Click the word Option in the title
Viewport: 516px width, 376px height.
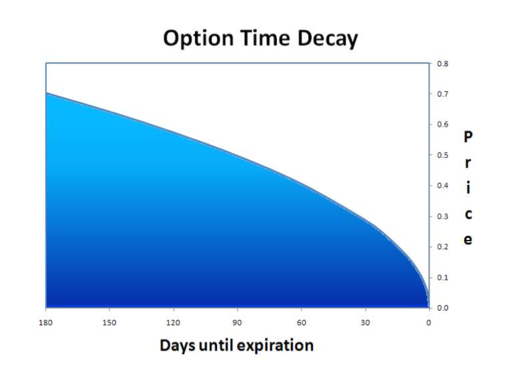pyautogui.click(x=198, y=39)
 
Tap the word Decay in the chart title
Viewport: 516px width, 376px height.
pyautogui.click(x=327, y=39)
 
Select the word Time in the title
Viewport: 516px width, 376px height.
pyautogui.click(x=265, y=38)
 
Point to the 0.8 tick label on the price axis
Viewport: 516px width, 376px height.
pyautogui.click(x=443, y=63)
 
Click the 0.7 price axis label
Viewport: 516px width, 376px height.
pyautogui.click(x=443, y=94)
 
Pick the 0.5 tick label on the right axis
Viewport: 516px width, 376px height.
pyautogui.click(x=443, y=155)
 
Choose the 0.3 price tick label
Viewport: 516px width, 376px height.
pyautogui.click(x=443, y=216)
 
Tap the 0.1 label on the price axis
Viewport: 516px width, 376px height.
pyautogui.click(x=443, y=278)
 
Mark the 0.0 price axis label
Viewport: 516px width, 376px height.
pyautogui.click(x=443, y=308)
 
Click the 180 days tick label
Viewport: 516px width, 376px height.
pyautogui.click(x=46, y=323)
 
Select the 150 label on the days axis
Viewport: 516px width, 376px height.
pyautogui.click(x=109, y=323)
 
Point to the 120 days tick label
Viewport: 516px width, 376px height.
pyautogui.click(x=173, y=323)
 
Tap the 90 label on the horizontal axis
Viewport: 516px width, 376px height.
pyautogui.click(x=237, y=323)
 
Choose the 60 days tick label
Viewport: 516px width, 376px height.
pyautogui.click(x=301, y=323)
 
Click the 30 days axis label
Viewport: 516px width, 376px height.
pyautogui.click(x=365, y=323)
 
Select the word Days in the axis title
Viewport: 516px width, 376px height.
pyautogui.click(x=178, y=347)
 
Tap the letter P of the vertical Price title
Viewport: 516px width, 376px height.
pyautogui.click(x=468, y=136)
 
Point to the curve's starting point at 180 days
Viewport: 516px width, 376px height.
pyautogui.click(x=46, y=93)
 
